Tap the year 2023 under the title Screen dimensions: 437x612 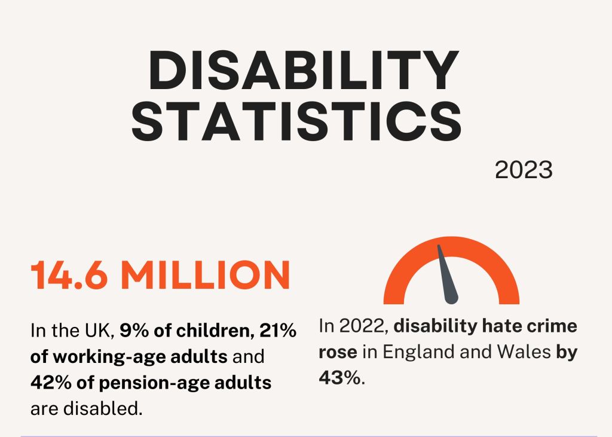[x=524, y=171]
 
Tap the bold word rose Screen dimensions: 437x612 [x=338, y=353]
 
